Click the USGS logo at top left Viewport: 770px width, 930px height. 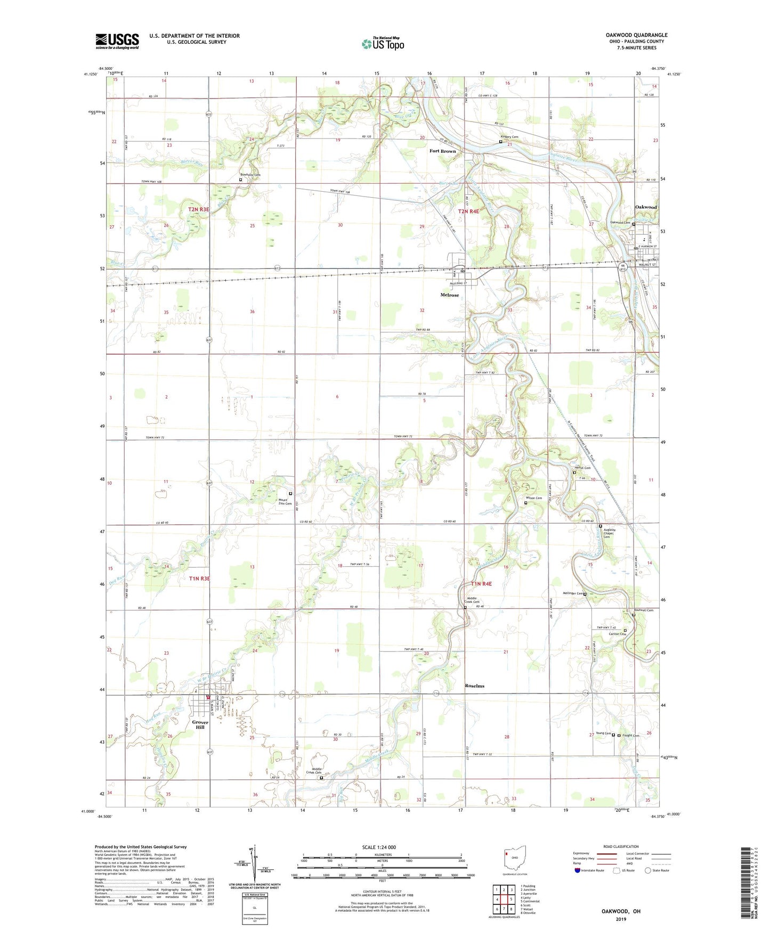117,41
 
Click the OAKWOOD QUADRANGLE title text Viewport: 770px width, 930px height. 636,35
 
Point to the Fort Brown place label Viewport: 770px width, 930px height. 443,151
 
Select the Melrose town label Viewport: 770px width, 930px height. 449,295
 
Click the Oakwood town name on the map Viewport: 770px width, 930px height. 645,207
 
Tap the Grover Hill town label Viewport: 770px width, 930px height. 200,725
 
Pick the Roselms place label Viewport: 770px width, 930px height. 474,686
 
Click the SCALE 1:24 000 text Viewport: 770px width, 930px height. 379,847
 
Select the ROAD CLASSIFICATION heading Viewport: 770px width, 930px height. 621,846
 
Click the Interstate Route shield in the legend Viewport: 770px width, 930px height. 578,871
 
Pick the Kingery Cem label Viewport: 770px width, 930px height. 508,137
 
